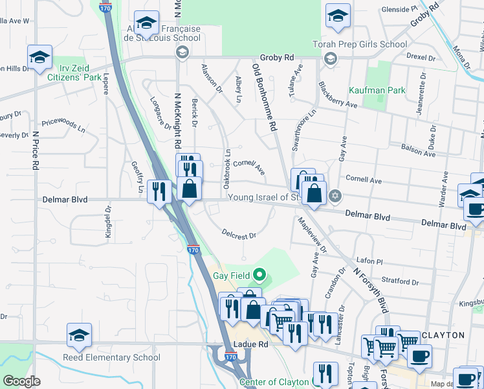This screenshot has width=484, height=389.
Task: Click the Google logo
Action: point(21,381)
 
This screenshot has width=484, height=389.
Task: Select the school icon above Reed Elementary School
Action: point(79,335)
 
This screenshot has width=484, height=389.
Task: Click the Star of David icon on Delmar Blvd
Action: point(335,195)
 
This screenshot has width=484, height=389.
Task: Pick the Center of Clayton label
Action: point(275,381)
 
